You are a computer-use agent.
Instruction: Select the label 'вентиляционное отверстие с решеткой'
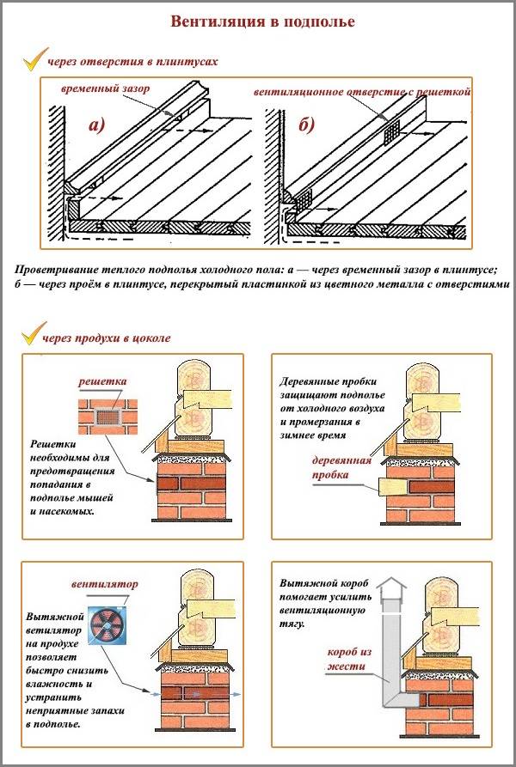pyautogui.click(x=362, y=90)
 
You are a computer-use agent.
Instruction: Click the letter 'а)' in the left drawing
pyautogui.click(x=97, y=126)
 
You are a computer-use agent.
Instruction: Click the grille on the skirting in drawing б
pyautogui.click(x=391, y=131)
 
